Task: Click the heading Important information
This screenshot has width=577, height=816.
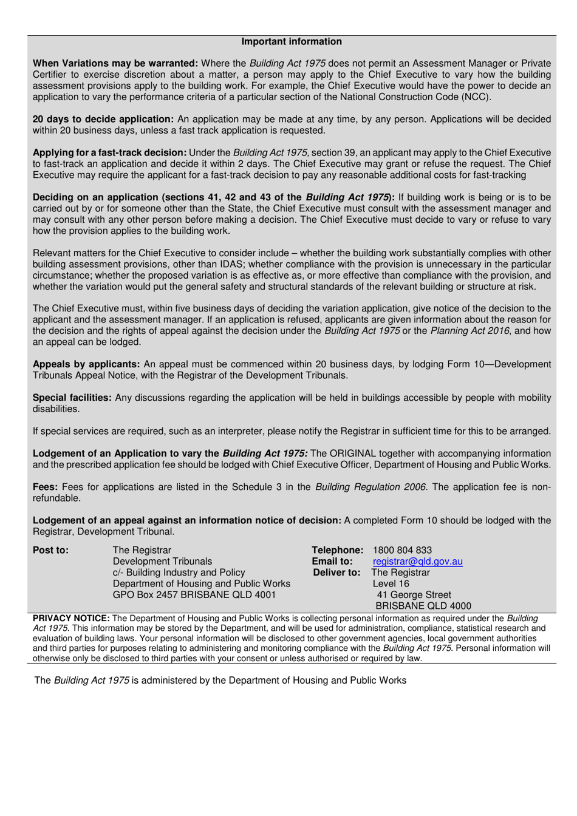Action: coord(292,41)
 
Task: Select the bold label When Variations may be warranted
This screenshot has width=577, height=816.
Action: coord(115,63)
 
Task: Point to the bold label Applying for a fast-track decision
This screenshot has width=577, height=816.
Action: coord(109,152)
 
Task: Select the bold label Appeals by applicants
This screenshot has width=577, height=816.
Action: coord(86,364)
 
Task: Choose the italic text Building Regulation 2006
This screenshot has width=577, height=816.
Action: coord(371,487)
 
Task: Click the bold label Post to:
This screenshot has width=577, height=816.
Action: coord(50,550)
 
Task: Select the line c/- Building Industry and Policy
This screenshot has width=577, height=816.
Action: coord(179,573)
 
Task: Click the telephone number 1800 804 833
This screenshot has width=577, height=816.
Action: coord(402,550)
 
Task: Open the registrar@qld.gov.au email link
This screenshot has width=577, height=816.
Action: coord(417,562)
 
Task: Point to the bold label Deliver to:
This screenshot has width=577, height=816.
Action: coord(336,573)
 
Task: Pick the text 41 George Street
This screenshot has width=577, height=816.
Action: coord(414,594)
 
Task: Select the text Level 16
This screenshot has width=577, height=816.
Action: coord(391,583)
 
